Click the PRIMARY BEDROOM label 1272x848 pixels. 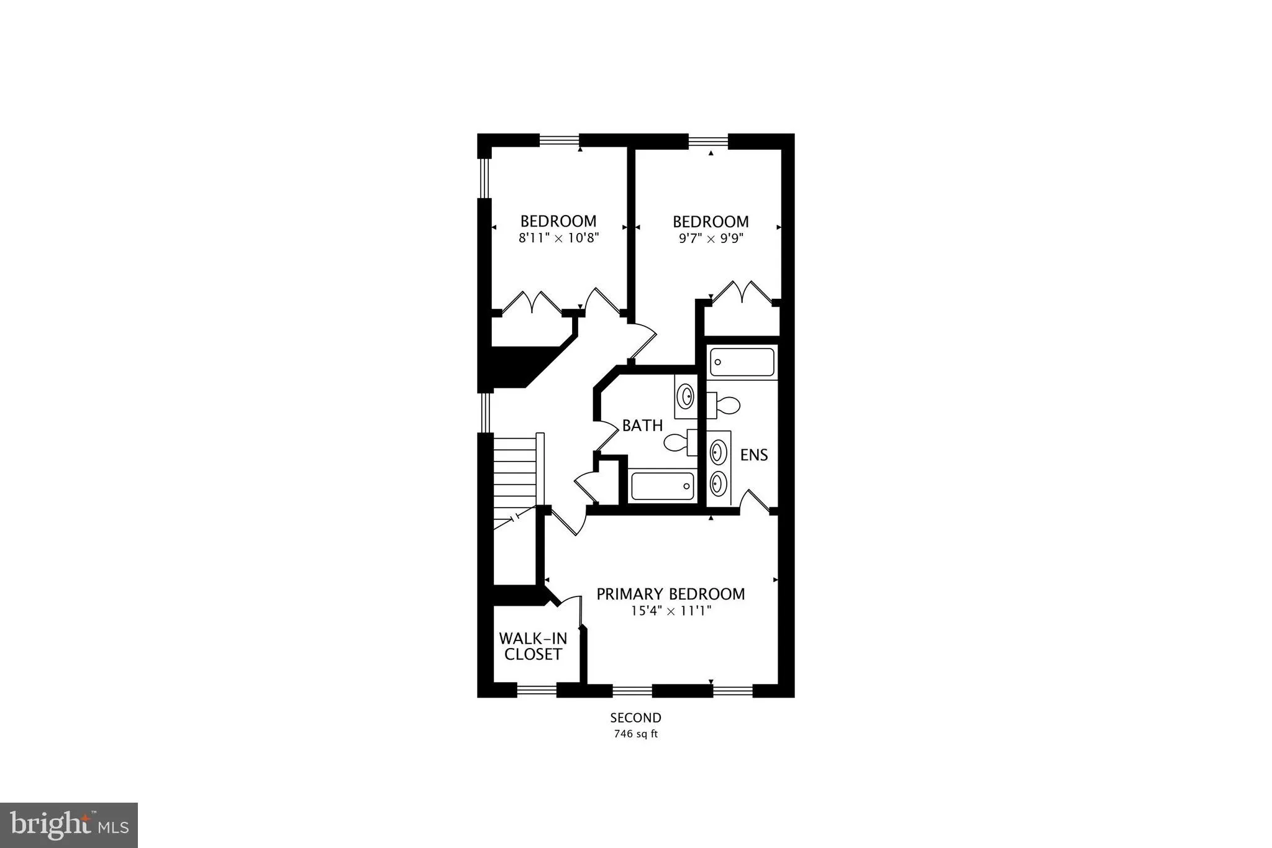coord(671,594)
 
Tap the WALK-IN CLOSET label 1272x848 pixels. coord(533,646)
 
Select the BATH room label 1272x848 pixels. coord(642,426)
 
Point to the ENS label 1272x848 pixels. coord(754,455)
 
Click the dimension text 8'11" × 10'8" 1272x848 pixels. coord(558,238)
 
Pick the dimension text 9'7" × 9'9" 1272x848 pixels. coord(711,238)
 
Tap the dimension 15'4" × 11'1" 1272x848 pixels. coord(671,611)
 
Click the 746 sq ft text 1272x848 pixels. coord(635,734)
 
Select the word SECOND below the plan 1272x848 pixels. coord(635,718)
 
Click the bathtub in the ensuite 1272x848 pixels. coord(743,362)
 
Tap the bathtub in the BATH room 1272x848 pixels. coord(662,486)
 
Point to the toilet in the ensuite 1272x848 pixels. coord(724,405)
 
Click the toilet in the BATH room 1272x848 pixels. coord(681,442)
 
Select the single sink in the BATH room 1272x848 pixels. coord(686,396)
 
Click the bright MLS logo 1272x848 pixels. coord(69,825)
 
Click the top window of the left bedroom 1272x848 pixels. coord(559,140)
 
